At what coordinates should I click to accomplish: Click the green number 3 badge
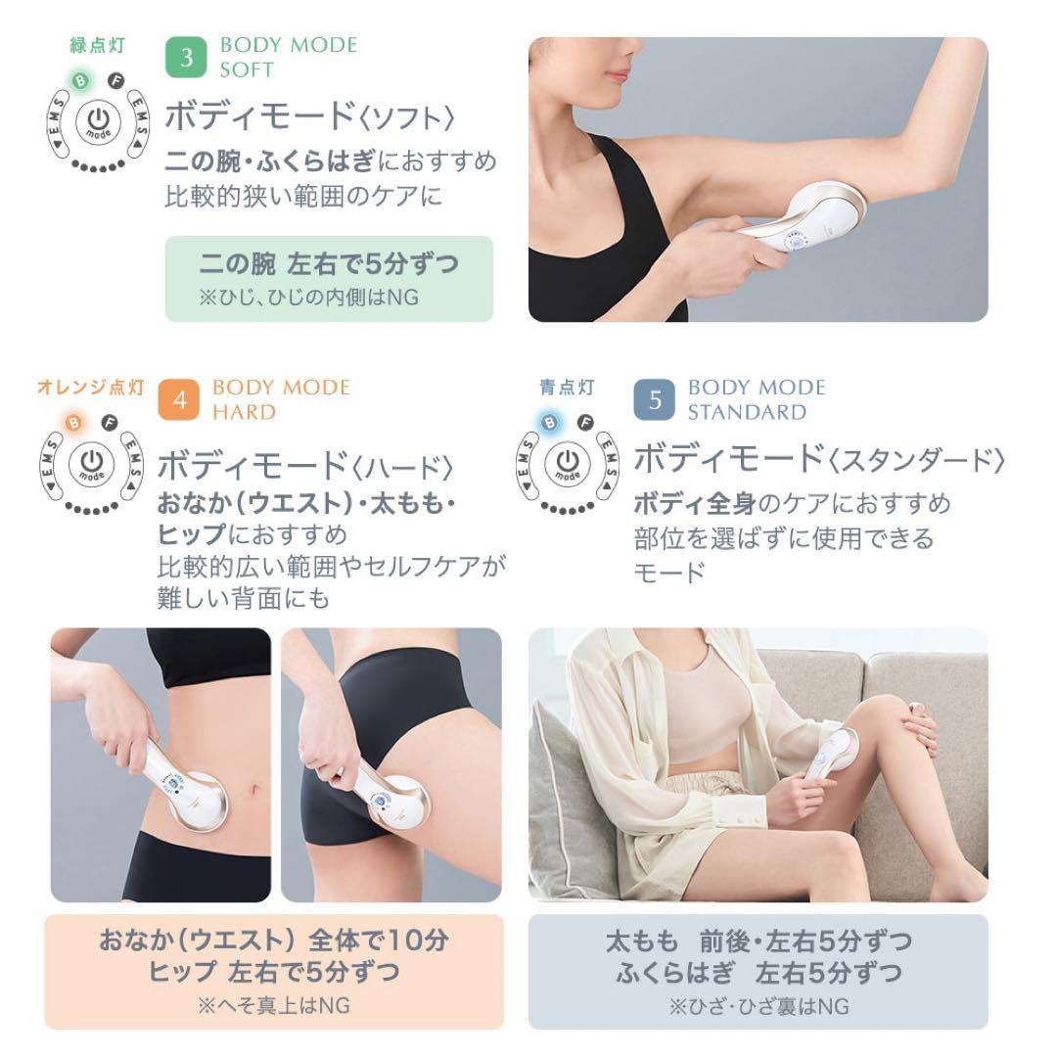[x=185, y=58]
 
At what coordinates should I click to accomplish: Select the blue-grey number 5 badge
[x=654, y=400]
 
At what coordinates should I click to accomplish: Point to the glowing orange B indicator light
[x=74, y=423]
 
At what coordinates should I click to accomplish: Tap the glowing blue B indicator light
[x=551, y=423]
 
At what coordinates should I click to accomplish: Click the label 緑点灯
[x=96, y=45]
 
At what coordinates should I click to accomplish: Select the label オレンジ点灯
[x=90, y=388]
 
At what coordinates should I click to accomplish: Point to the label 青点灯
[x=566, y=388]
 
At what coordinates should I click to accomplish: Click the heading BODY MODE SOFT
[x=288, y=58]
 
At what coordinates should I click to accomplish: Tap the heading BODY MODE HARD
[x=280, y=399]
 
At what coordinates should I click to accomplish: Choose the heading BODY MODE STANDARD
[x=756, y=399]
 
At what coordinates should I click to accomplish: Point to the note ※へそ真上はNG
[x=273, y=1005]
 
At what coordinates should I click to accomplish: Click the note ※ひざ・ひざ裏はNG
[x=758, y=1006]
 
